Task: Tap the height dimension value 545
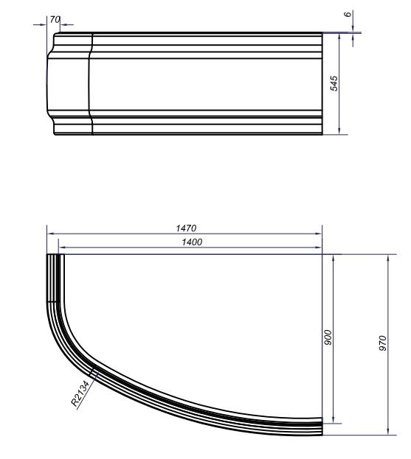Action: click(334, 83)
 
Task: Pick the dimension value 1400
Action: click(190, 242)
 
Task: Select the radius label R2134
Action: click(80, 393)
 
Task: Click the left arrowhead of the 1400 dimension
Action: click(61, 247)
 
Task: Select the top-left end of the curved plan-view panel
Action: click(53, 256)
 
